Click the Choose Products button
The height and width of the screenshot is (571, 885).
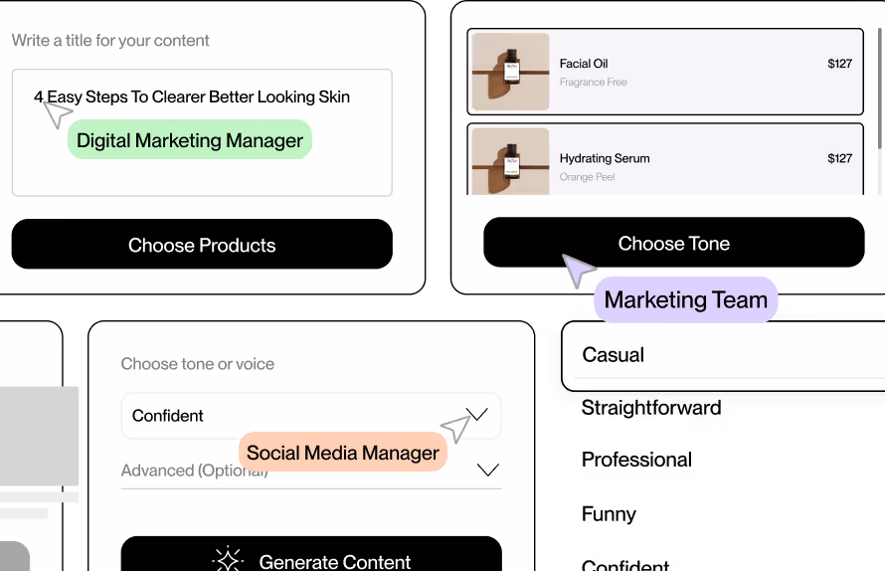pyautogui.click(x=202, y=245)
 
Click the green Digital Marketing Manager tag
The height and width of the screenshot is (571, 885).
pyautogui.click(x=190, y=140)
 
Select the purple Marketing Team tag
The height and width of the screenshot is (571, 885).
pyautogui.click(x=686, y=299)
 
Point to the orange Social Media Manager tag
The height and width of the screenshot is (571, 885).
pyautogui.click(x=343, y=453)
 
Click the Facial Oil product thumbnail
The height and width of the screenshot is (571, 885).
pyautogui.click(x=510, y=72)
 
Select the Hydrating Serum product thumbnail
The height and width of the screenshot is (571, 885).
pyautogui.click(x=510, y=161)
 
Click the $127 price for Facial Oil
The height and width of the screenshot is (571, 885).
pyautogui.click(x=839, y=64)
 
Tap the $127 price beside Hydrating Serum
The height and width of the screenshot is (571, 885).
pyautogui.click(x=839, y=158)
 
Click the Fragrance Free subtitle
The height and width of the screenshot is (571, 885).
pyautogui.click(x=593, y=83)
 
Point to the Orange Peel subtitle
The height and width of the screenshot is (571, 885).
pyautogui.click(x=587, y=177)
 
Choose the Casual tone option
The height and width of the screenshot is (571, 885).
pyautogui.click(x=614, y=355)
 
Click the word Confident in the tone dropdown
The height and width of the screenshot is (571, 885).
pyautogui.click(x=168, y=416)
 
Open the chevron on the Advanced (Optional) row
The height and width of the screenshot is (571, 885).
pyautogui.click(x=487, y=470)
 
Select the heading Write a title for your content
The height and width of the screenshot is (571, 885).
pyautogui.click(x=110, y=41)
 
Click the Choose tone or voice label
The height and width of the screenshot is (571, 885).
pyautogui.click(x=197, y=364)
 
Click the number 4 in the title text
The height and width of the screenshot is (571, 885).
pyautogui.click(x=39, y=97)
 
